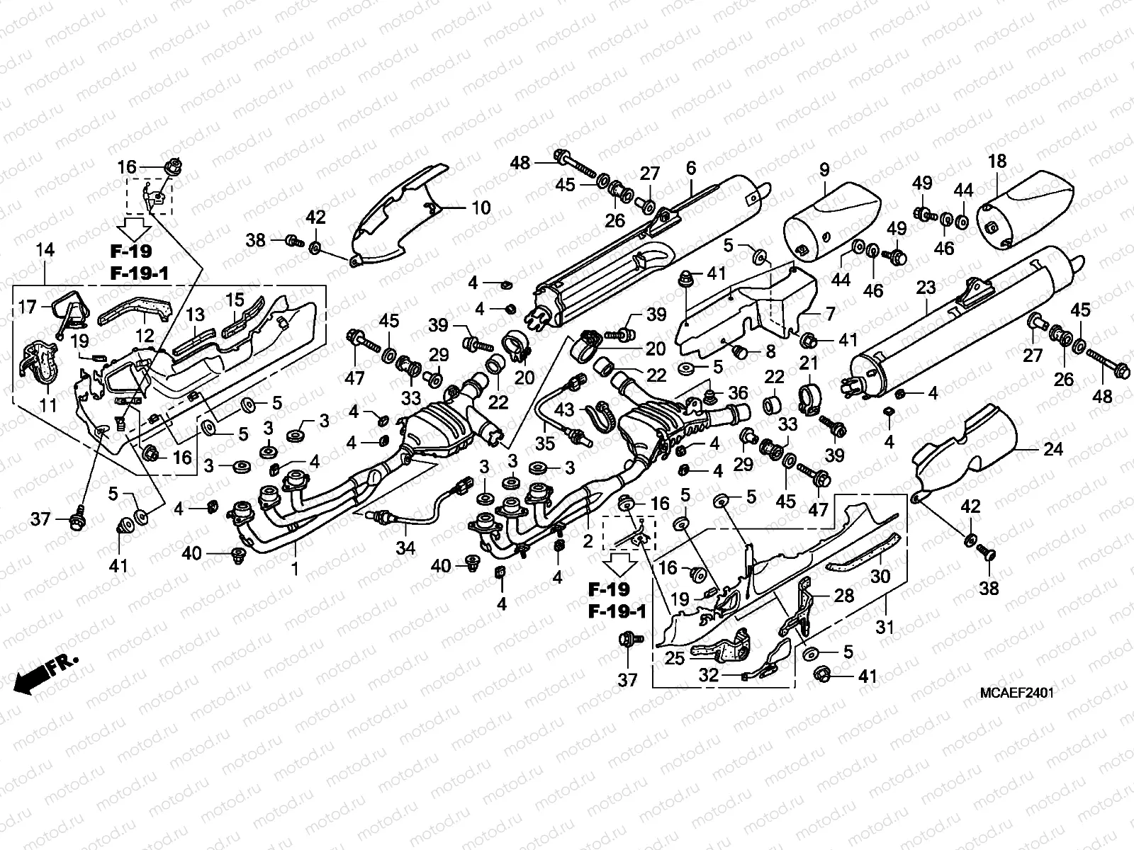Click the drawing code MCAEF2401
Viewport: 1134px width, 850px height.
pos(1017,693)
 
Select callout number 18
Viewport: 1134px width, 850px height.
pos(997,161)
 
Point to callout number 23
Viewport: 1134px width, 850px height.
pos(926,288)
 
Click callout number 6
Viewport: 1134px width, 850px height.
pos(690,169)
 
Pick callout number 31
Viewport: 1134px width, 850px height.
pos(885,626)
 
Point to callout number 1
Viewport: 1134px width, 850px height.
pos(295,568)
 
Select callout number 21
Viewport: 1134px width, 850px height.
pos(809,364)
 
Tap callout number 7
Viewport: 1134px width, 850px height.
pos(27,307)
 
